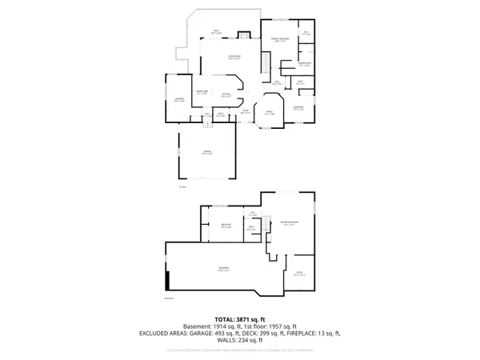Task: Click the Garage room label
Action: [x=206, y=153]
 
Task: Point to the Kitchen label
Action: [x=226, y=94]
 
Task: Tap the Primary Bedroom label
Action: [x=279, y=40]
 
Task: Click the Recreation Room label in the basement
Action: [x=290, y=224]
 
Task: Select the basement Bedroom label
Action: [x=226, y=226]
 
